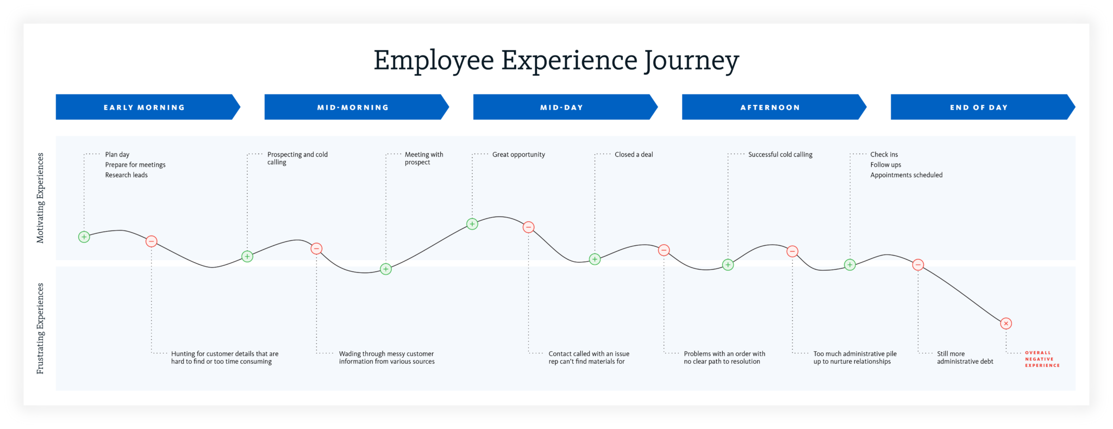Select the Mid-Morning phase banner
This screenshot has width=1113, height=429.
[x=357, y=107]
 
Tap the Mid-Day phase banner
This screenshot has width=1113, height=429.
[x=565, y=107]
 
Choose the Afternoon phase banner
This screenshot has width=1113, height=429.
[x=774, y=107]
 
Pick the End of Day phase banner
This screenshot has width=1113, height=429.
[x=983, y=107]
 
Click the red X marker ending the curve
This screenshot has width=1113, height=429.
[x=1006, y=324]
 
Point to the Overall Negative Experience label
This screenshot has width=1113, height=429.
[x=1042, y=359]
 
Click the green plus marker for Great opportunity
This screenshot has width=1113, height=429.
[x=472, y=224]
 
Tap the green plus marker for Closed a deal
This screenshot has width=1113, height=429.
[x=595, y=259]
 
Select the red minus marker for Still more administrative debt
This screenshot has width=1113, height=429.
[x=918, y=265]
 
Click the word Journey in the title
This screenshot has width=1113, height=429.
[x=691, y=61]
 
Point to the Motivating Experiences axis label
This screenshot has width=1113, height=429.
[x=40, y=198]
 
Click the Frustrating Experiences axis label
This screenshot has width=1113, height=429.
[x=40, y=328]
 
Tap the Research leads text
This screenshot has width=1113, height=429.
[x=127, y=175]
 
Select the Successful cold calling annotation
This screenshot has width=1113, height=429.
[x=780, y=155]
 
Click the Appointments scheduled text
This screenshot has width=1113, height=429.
[x=906, y=175]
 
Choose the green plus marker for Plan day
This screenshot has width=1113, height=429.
[x=84, y=237]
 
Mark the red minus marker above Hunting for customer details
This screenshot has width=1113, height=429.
[x=152, y=241]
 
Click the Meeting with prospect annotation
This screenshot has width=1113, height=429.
[x=424, y=158]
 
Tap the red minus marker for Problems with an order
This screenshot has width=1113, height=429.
[x=664, y=250]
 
